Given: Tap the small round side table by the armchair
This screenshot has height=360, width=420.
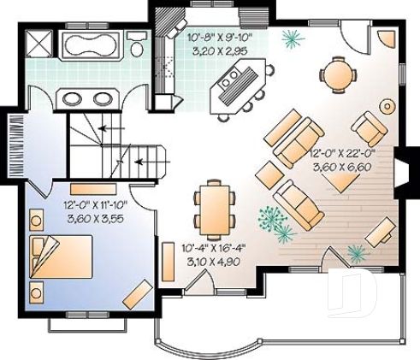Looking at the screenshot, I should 387,108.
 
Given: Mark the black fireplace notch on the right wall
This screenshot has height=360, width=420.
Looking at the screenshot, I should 401,165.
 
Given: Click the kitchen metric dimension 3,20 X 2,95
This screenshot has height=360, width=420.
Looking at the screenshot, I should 217,50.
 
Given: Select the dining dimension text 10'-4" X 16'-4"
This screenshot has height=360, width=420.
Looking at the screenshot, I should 216,249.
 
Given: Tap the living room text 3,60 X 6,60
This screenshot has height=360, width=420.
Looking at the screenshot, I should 340,168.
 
